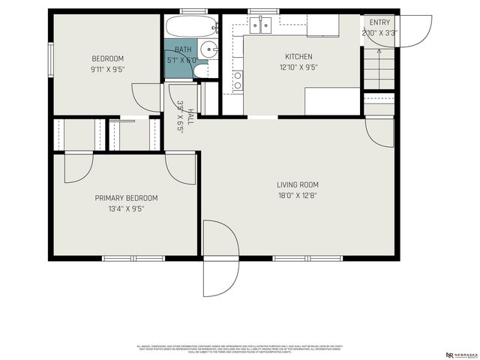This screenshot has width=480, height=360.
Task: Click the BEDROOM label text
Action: tap(107, 58)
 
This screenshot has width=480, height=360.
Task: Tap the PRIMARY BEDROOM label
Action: tap(126, 198)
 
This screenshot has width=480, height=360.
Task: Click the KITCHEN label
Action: tap(298, 56)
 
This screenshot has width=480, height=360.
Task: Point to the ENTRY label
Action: tap(379, 22)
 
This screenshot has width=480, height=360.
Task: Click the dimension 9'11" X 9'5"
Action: tap(107, 70)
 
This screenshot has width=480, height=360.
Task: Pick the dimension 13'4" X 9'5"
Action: tap(126, 209)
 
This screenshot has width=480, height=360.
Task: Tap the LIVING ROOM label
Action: tap(298, 184)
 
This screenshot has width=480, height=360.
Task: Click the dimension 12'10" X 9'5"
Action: tap(298, 67)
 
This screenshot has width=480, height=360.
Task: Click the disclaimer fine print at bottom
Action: tap(238, 349)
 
